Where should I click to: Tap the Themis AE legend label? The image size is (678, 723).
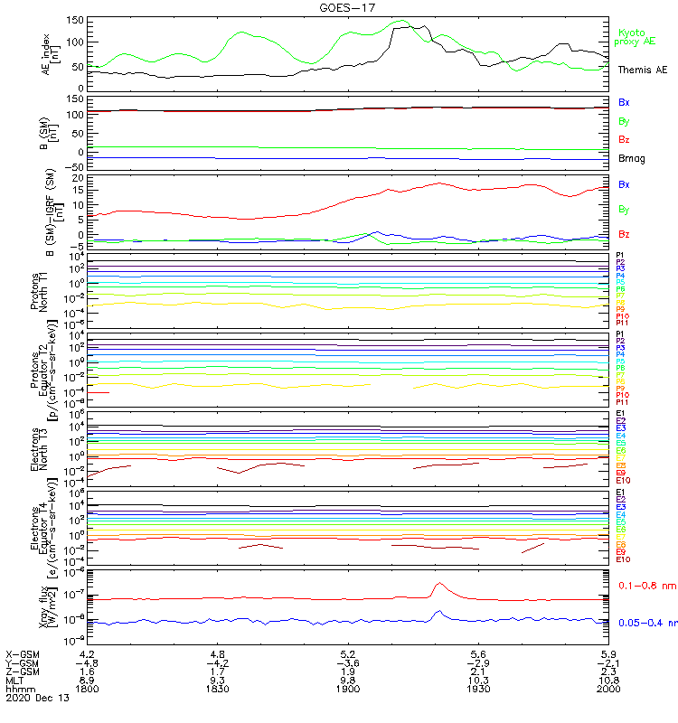pyautogui.click(x=642, y=70)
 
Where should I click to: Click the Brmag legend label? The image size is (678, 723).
pyautogui.click(x=631, y=158)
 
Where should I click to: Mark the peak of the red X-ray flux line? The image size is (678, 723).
pyautogui.click(x=440, y=583)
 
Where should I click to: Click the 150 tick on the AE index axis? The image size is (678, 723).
pyautogui.click(x=76, y=20)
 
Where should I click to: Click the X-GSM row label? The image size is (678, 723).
pyautogui.click(x=22, y=653)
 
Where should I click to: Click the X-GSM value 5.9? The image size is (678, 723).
pyautogui.click(x=607, y=653)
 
